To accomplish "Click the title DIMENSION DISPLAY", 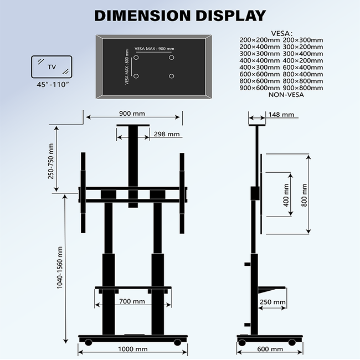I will tap(180, 15).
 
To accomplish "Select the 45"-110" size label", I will tap(52, 84).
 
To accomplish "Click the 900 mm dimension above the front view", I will tap(132, 114).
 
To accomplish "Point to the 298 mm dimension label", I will tap(167, 134).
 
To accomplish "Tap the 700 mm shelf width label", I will tap(132, 302).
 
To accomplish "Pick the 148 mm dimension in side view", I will tap(280, 115).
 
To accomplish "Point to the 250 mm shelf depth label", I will tap(272, 302).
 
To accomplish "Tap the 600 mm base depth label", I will tap(270, 349).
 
